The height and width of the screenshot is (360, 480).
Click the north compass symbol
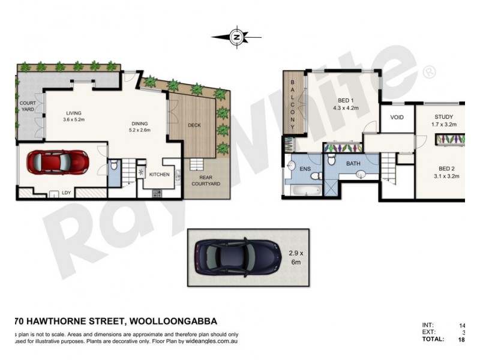point(236,37)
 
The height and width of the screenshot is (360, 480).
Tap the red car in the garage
point(58,161)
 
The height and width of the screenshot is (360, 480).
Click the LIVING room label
point(74,113)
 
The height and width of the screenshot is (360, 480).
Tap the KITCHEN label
point(159,175)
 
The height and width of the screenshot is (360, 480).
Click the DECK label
point(194,125)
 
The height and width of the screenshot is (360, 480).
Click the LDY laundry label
point(67,193)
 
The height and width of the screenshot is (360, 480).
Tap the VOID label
point(397,118)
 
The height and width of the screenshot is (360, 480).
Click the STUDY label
point(444,117)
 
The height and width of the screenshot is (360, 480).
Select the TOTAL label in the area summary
point(433,339)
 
